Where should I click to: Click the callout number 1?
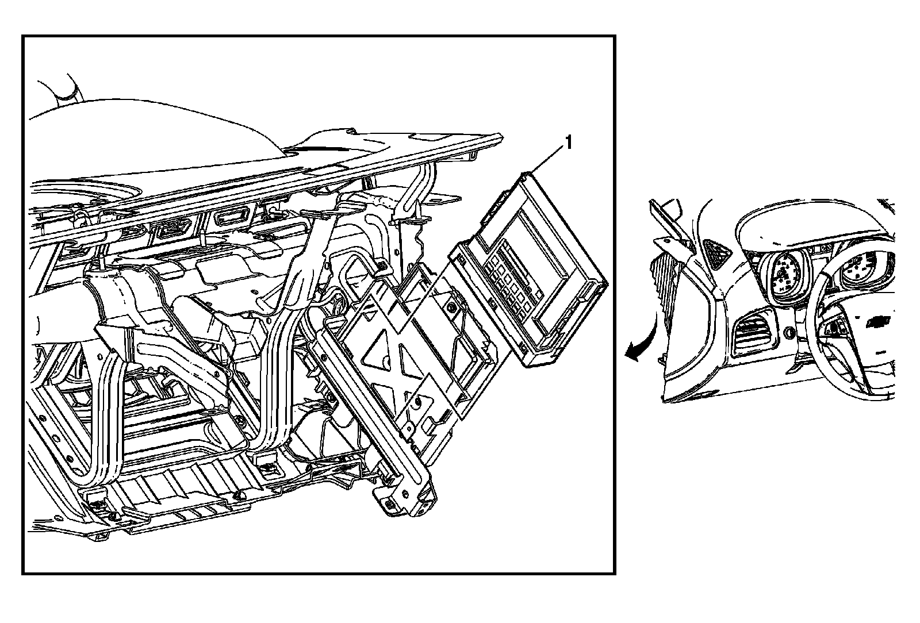click(569, 143)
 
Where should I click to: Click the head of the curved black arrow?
click(632, 353)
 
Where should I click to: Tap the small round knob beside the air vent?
click(788, 332)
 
